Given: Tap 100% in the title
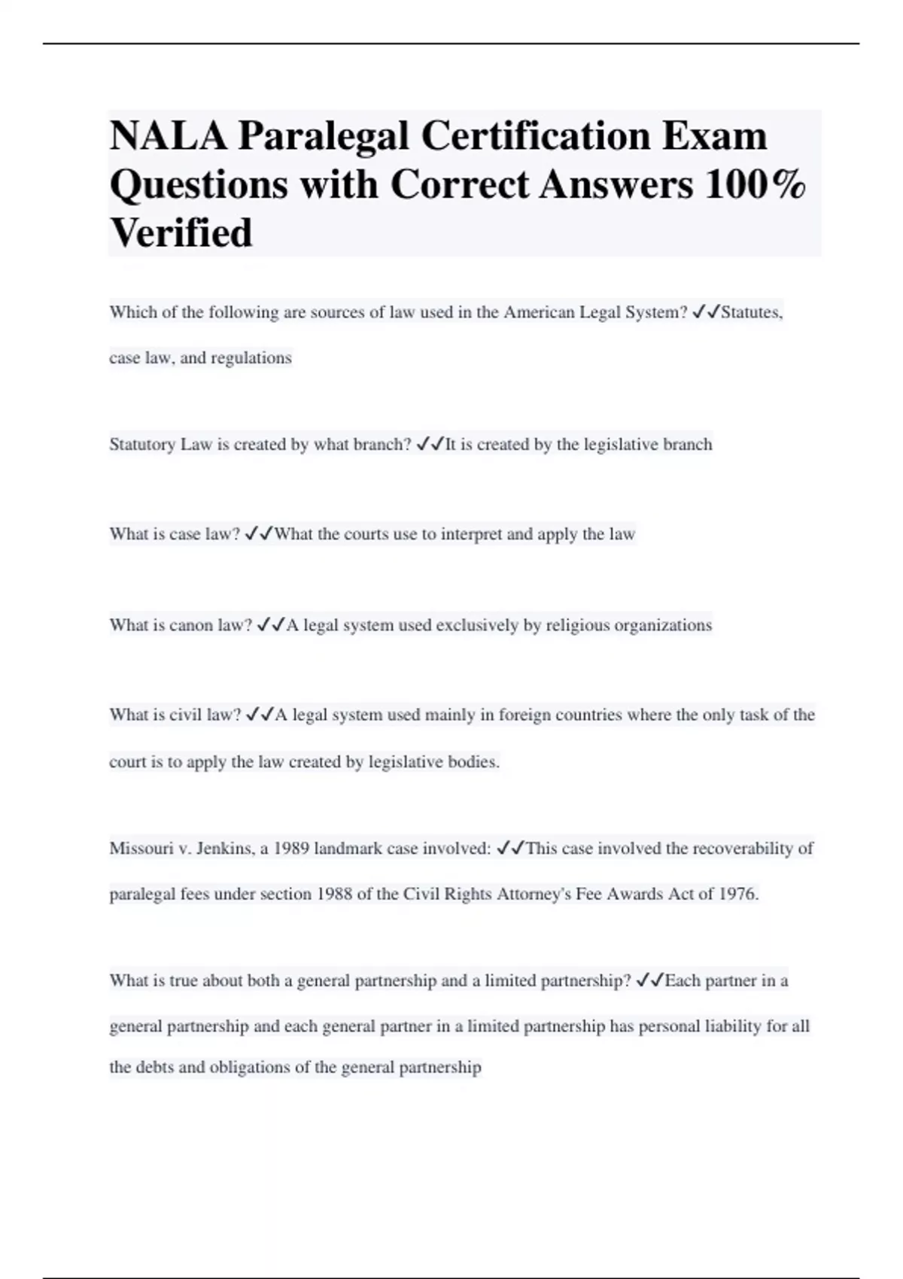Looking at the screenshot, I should [x=755, y=184].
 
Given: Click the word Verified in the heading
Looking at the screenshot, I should [x=181, y=232].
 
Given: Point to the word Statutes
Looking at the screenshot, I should [x=752, y=312].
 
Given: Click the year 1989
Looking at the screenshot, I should [x=290, y=849].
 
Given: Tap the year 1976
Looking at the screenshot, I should [x=738, y=895].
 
